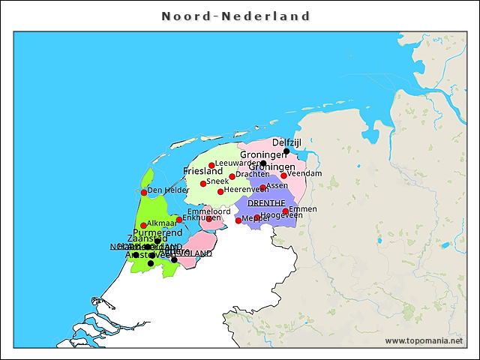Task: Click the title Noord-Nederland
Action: click(235, 16)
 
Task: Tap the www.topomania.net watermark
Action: click(424, 341)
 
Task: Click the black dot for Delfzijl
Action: click(286, 151)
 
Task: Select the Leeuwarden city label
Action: click(238, 163)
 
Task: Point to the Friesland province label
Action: click(203, 172)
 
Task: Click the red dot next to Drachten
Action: click(232, 177)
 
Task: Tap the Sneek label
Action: click(218, 181)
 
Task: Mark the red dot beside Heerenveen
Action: click(220, 191)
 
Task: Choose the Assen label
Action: click(277, 185)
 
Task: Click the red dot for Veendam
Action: click(283, 175)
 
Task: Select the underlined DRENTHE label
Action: click(266, 203)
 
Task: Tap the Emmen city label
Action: click(303, 208)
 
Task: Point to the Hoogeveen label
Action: click(282, 215)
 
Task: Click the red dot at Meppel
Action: click(238, 220)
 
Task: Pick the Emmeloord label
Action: click(209, 211)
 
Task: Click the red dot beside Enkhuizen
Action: click(178, 220)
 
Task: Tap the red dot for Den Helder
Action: click(144, 193)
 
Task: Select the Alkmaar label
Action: click(162, 223)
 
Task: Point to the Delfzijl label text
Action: click(286, 142)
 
